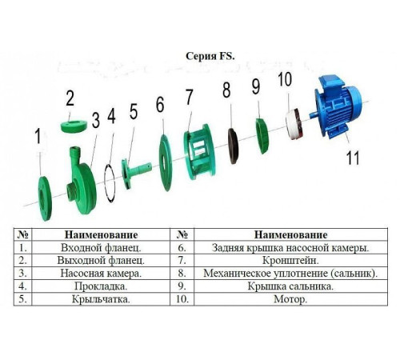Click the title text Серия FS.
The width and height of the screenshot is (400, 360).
(210, 56)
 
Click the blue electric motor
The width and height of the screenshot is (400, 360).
(338, 106)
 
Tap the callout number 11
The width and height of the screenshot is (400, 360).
(353, 158)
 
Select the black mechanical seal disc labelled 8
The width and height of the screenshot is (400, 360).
(233, 146)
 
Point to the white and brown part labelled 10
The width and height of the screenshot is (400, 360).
(294, 123)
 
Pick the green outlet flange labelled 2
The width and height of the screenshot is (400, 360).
(74, 126)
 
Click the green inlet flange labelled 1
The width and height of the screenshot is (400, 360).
(45, 198)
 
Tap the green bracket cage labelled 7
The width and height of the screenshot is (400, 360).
(199, 152)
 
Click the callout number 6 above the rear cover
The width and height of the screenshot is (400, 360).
(160, 105)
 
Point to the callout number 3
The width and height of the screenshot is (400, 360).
(96, 120)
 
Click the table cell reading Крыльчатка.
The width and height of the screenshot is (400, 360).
(101, 299)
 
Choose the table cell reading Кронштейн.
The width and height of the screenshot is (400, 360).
(290, 260)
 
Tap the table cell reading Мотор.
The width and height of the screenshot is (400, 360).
(290, 299)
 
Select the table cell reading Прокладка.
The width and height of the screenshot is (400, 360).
(101, 286)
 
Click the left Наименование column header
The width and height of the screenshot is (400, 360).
(101, 234)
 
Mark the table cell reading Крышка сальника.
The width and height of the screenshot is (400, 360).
(290, 286)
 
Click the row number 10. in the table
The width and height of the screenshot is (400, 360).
(182, 299)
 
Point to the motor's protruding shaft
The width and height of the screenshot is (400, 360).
(313, 114)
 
